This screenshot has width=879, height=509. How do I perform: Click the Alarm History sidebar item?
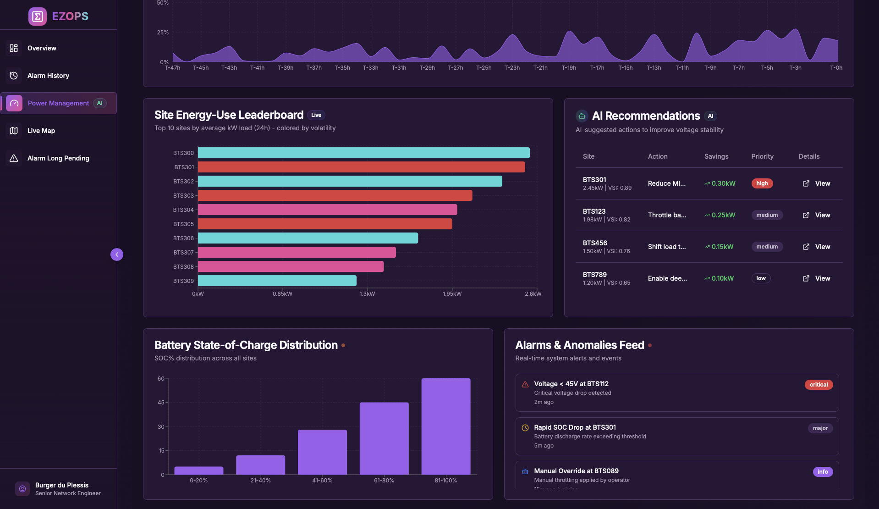48,76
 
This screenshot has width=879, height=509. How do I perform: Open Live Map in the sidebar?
41,131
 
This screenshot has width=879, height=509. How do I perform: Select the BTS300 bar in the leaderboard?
363,153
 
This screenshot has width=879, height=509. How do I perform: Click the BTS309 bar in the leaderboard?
277,281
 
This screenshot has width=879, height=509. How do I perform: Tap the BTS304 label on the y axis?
183,210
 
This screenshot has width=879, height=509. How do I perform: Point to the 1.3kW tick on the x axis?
367,294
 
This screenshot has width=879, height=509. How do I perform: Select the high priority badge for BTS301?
762,183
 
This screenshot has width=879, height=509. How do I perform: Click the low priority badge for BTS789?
761,278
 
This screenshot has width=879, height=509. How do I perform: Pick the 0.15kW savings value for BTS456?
722,247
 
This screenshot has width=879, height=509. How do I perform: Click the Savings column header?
716,156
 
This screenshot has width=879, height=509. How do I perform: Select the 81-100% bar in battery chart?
445,426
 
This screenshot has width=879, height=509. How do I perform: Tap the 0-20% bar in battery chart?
198,470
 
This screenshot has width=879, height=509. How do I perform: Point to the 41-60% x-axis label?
322,481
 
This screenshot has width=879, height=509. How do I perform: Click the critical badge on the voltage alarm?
819,385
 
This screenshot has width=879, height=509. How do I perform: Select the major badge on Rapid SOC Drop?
820,428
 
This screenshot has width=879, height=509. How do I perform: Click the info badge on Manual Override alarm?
823,472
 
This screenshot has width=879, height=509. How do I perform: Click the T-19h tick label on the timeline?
569,68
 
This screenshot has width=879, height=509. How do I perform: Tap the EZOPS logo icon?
38,17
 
